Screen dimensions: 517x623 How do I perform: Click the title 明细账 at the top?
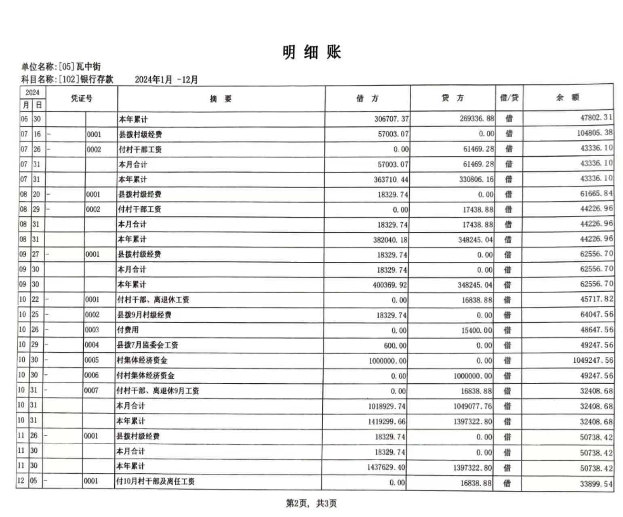pyautogui.click(x=311, y=53)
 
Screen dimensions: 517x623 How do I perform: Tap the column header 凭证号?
pyautogui.click(x=82, y=99)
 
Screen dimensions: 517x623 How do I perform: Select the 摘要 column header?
pyautogui.click(x=221, y=99)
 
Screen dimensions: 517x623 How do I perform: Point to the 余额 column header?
pyautogui.click(x=568, y=97)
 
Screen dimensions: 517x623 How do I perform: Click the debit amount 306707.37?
pyautogui.click(x=391, y=119)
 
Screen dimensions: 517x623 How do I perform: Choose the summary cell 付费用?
pyautogui.click(x=128, y=330)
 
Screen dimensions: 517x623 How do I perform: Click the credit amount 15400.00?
pyautogui.click(x=477, y=330)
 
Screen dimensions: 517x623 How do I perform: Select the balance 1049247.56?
pyautogui.click(x=592, y=360)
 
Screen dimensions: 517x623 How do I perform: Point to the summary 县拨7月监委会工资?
pyautogui.click(x=147, y=345)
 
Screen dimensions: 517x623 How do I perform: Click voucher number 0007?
pyautogui.click(x=91, y=391)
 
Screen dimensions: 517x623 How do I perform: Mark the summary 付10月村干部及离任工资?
pyautogui.click(x=156, y=481)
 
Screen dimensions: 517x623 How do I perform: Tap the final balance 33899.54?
pyautogui.click(x=596, y=483)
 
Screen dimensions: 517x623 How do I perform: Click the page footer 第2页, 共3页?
pyautogui.click(x=311, y=503)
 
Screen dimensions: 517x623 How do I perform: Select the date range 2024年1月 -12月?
pyautogui.click(x=166, y=80)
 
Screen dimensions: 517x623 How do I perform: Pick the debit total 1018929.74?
pyautogui.click(x=387, y=406)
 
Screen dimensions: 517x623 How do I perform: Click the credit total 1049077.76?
pyautogui.click(x=472, y=406)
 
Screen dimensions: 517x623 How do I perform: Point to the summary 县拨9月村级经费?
pyautogui.click(x=144, y=315)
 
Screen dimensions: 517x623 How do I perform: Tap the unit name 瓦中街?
pyautogui.click(x=88, y=67)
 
